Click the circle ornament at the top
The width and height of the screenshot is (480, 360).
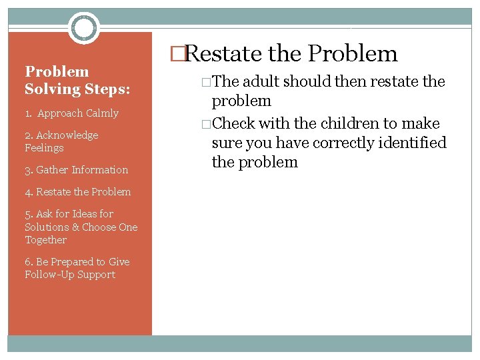point(84,28)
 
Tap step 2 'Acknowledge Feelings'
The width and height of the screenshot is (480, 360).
point(61,141)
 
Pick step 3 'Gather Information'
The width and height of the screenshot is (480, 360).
point(76,170)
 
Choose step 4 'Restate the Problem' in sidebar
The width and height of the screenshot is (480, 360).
point(77,192)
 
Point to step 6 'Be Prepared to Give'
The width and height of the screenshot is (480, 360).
point(77,262)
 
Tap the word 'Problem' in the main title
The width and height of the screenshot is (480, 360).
point(353,54)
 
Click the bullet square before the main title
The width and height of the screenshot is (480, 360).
point(176,55)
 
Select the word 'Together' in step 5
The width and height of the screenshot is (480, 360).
point(45,240)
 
